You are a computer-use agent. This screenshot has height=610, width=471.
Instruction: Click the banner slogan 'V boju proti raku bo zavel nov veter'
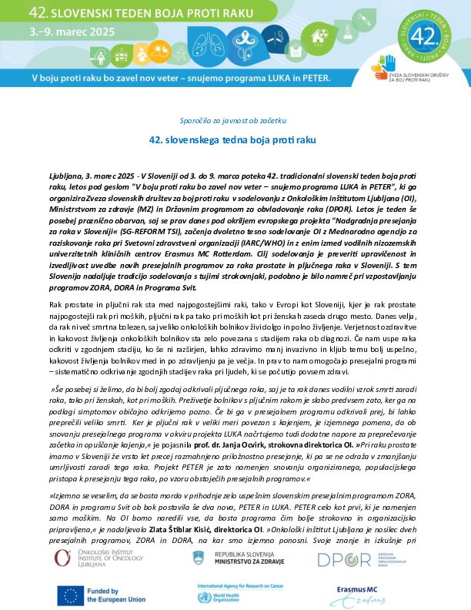click(x=115, y=78)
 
